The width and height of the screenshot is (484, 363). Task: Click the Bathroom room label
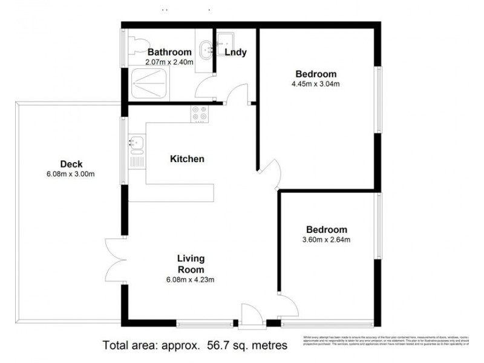pos(169,52)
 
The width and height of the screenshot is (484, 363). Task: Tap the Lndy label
pos(235,52)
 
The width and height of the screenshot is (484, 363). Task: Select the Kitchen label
pos(187,159)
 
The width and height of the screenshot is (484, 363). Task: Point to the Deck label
pos(71,164)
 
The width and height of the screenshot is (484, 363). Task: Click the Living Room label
pos(191,264)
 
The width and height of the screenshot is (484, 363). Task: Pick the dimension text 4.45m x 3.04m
pos(315,84)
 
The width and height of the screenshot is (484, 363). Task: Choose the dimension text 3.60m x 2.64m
pos(327,240)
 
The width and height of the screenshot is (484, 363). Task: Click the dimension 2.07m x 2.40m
pos(169,62)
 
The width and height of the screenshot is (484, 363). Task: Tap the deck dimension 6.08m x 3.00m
pos(71,174)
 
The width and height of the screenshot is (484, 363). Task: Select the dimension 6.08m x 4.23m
pos(191,279)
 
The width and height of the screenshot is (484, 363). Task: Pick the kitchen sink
pos(136,144)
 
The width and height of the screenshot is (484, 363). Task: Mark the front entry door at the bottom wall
pos(249,315)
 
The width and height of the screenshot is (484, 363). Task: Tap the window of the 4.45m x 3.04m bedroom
pos(379,99)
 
